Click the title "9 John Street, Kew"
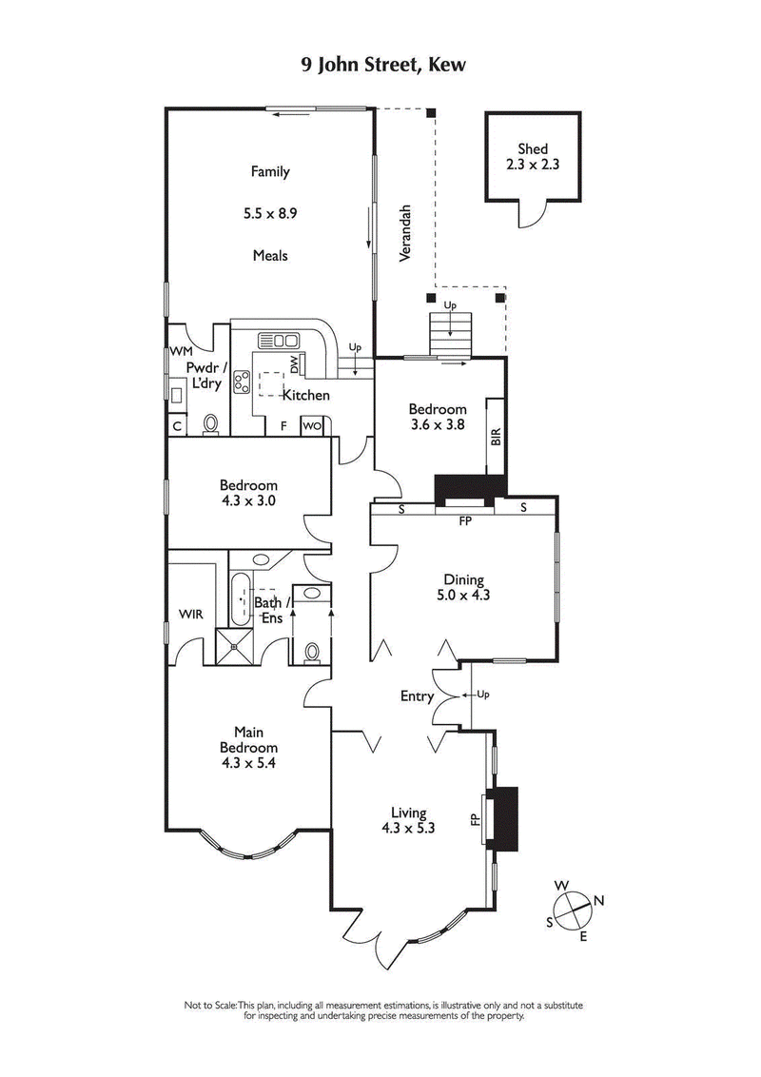(380, 65)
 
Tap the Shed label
(533, 148)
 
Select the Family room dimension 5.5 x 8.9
(270, 214)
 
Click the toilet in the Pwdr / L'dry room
(211, 423)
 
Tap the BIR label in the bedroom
(495, 438)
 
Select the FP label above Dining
(465, 522)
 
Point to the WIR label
(191, 615)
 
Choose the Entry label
(417, 696)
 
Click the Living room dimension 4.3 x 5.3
(413, 828)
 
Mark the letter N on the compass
(598, 900)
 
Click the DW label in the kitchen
(295, 362)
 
